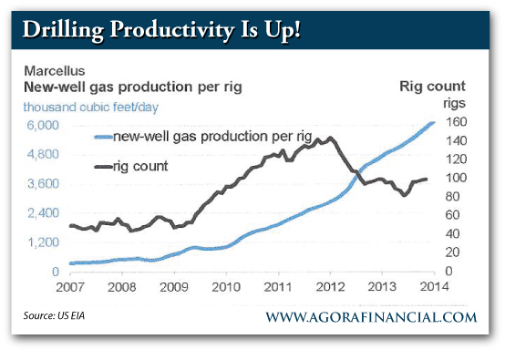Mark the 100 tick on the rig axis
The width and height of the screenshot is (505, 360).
tap(455, 179)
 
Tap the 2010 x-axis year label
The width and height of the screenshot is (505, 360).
tap(223, 289)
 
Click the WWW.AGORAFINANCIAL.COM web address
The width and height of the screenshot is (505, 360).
tap(371, 317)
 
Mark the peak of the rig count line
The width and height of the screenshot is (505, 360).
tap(329, 138)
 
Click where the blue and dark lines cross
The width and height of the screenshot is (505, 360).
tap(356, 172)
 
